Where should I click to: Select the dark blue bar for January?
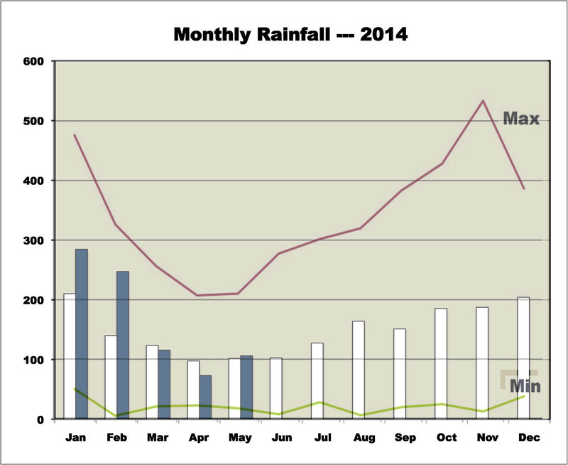82,333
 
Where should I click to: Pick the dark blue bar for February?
123,345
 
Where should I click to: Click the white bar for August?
359,370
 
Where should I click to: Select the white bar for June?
276,388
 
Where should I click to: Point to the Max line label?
522,118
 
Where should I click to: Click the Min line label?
524,387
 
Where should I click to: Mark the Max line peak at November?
483,100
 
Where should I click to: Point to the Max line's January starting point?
75,134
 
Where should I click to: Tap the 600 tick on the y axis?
34,61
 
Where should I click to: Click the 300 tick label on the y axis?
34,240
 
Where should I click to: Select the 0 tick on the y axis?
42,419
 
